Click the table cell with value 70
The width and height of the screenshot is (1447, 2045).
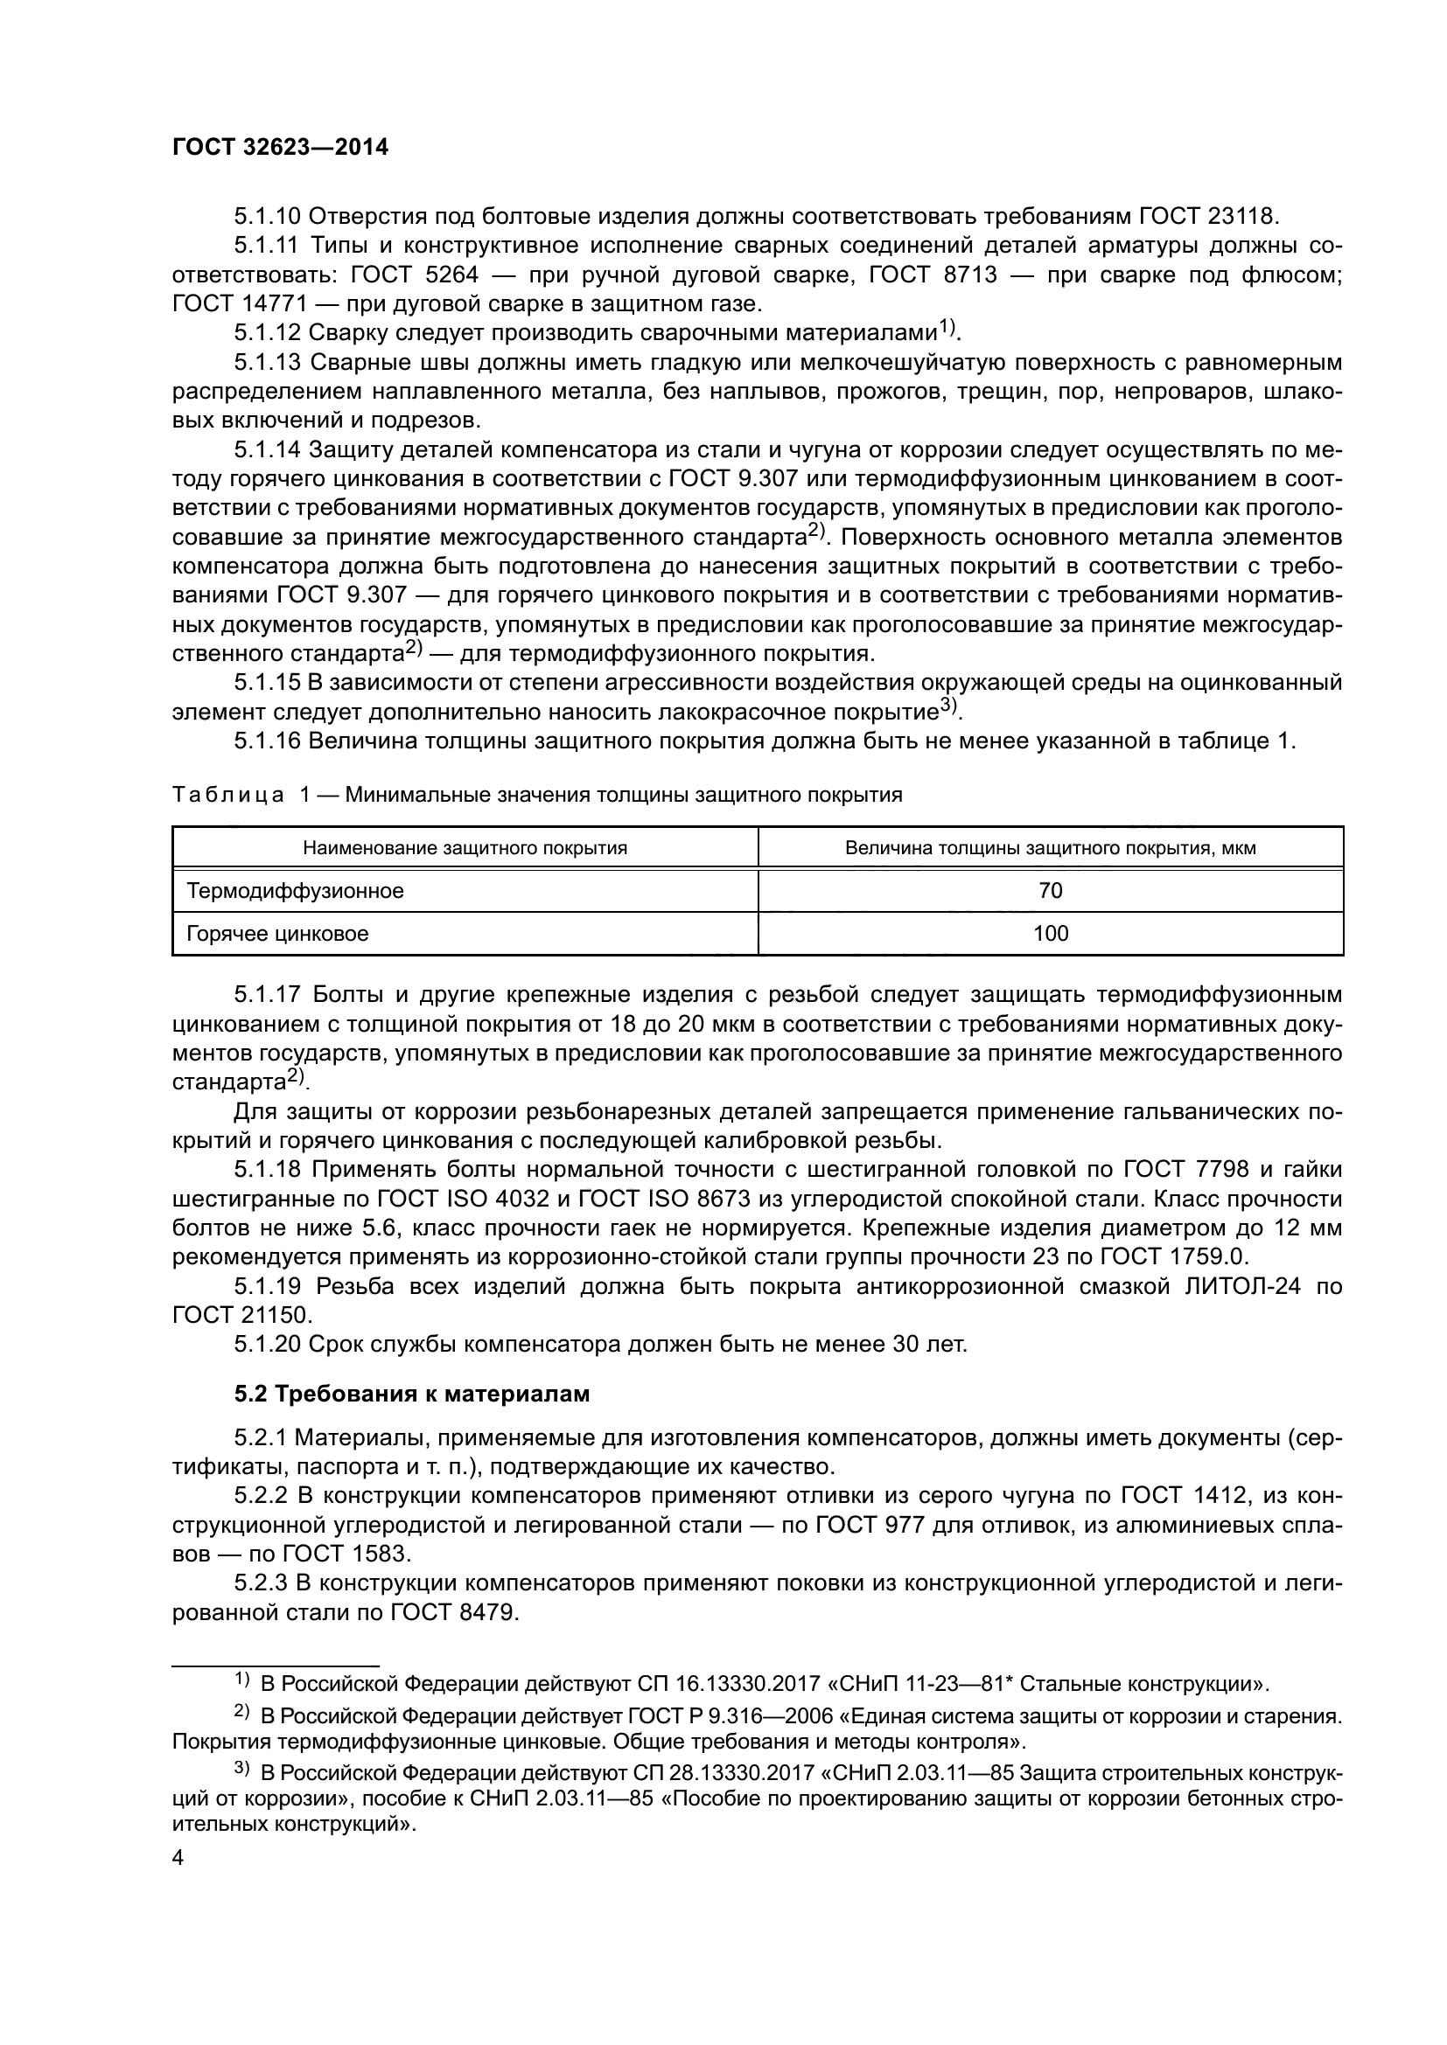coord(1051,891)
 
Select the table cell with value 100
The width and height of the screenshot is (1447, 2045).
coord(1051,934)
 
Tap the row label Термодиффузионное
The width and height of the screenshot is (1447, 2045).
coord(295,891)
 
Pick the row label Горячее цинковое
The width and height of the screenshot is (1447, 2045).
coord(277,934)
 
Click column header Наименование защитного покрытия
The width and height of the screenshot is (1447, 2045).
coord(465,848)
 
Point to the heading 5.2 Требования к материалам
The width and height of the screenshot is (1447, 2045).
coord(412,1394)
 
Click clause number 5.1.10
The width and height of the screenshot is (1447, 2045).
coord(268,217)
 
